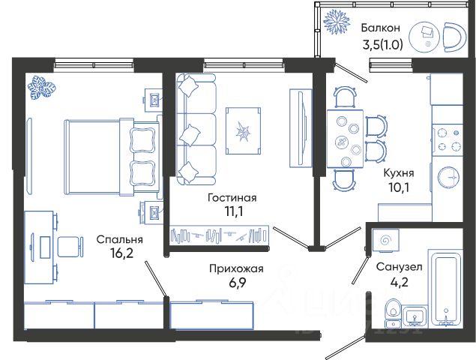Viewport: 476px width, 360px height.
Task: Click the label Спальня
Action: click(x=120, y=240)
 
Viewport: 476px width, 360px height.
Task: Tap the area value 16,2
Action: click(x=121, y=253)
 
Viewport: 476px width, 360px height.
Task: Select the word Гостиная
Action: click(x=232, y=198)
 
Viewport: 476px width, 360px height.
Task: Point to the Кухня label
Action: click(x=399, y=173)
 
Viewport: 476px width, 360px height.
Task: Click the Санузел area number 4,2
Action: click(x=399, y=281)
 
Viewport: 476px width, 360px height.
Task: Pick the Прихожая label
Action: click(x=236, y=268)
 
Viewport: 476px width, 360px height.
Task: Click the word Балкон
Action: click(x=381, y=28)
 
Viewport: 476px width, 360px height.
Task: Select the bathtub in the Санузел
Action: click(x=446, y=289)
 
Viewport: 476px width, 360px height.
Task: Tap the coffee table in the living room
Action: click(x=243, y=131)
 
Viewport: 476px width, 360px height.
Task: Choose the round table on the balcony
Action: click(x=424, y=36)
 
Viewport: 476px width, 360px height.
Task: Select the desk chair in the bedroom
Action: click(x=70, y=247)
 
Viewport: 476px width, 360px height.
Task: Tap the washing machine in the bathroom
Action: click(x=385, y=240)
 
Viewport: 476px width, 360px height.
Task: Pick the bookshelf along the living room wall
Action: click(x=220, y=235)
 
